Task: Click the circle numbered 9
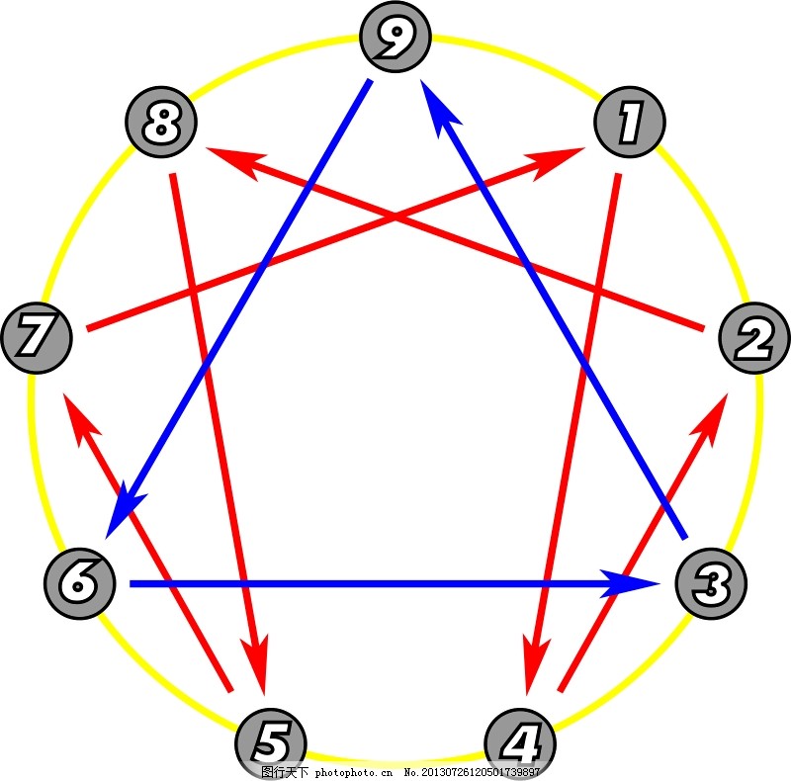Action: click(x=395, y=38)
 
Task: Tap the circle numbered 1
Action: click(x=630, y=125)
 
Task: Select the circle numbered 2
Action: click(x=754, y=339)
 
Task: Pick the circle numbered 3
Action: click(x=710, y=583)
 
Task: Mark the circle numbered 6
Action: click(x=80, y=583)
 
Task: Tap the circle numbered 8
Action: click(x=161, y=125)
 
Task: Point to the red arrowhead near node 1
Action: click(x=561, y=160)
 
